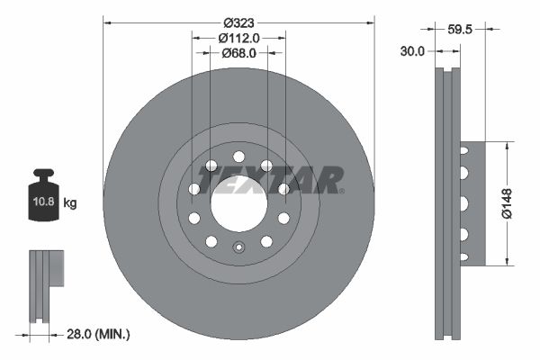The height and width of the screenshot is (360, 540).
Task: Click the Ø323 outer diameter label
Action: point(239,20)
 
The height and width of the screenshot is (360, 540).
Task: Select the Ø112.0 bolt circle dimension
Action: point(239,38)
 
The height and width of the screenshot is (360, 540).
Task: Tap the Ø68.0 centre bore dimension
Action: point(239,53)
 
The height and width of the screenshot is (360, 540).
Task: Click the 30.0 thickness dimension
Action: point(412,52)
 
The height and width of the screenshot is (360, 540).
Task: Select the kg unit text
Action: point(70,203)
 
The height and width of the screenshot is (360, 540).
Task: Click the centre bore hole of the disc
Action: point(238,203)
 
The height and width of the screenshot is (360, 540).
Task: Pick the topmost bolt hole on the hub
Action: point(238,157)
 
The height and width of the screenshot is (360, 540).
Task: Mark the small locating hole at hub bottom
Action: point(238,249)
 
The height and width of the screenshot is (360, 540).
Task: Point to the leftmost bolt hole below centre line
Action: point(193,218)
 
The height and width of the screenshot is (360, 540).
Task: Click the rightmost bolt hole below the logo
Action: point(283,218)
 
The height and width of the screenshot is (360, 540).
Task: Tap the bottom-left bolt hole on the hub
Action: point(211,241)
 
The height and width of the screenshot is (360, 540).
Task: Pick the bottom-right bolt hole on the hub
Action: point(266,241)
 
